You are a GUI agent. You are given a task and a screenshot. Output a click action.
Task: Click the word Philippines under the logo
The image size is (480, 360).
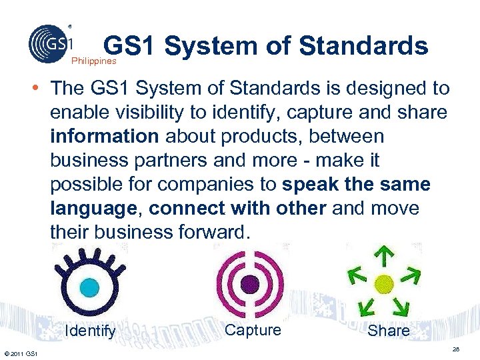pyautogui.click(x=94, y=61)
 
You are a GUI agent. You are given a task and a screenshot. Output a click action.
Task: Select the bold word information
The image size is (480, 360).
pyautogui.click(x=104, y=136)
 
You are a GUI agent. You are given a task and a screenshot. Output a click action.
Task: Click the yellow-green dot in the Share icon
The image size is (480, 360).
pyautogui.click(x=383, y=283)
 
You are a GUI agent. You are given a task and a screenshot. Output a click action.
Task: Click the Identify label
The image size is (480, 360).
pyautogui.click(x=91, y=331)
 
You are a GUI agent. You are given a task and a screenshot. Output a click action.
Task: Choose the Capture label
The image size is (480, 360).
pyautogui.click(x=253, y=330)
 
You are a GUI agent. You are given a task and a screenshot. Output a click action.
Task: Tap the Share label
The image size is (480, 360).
pyautogui.click(x=389, y=331)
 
